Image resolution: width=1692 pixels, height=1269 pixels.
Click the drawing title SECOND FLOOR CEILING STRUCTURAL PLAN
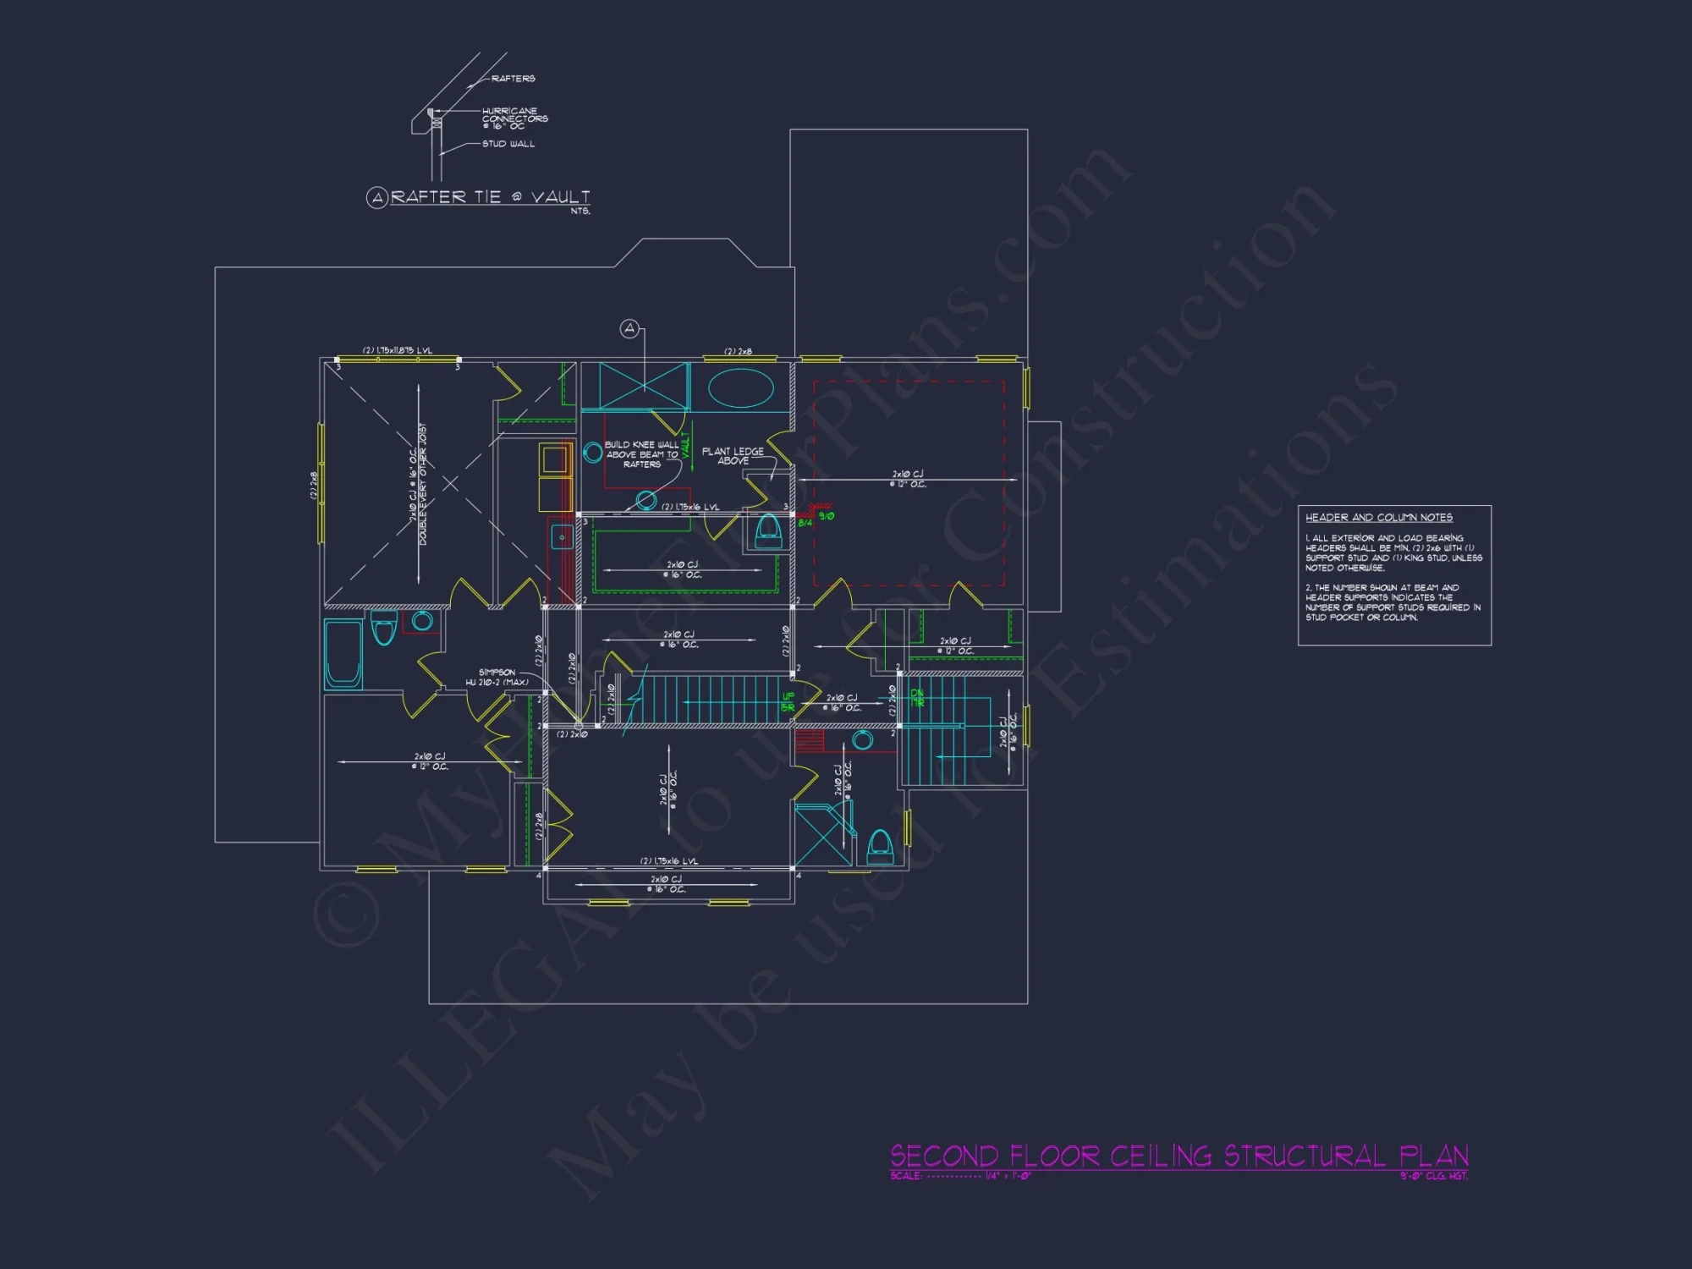point(1178,1156)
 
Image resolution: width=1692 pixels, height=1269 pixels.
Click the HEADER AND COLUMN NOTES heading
point(1378,518)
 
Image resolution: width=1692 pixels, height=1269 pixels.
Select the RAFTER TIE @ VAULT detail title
point(490,197)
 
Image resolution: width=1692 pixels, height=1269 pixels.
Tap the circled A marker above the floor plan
point(629,328)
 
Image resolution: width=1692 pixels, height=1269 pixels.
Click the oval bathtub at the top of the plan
point(740,388)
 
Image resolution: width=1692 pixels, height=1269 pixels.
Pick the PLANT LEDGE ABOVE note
point(733,456)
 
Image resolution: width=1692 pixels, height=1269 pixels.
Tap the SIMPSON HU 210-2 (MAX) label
point(497,678)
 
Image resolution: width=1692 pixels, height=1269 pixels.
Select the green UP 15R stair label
point(788,702)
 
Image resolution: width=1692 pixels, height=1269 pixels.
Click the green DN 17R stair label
point(917,698)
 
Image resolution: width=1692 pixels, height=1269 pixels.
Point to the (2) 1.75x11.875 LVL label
point(397,350)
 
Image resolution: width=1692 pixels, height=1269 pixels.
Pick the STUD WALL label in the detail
point(508,144)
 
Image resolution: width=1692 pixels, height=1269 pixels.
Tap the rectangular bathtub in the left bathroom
point(343,653)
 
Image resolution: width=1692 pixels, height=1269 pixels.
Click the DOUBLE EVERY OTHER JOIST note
point(423,484)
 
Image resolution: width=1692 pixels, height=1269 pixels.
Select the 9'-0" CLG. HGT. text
point(1433,1176)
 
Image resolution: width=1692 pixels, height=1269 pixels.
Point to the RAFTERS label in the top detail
point(513,79)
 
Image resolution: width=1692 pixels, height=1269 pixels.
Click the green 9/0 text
point(826,516)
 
